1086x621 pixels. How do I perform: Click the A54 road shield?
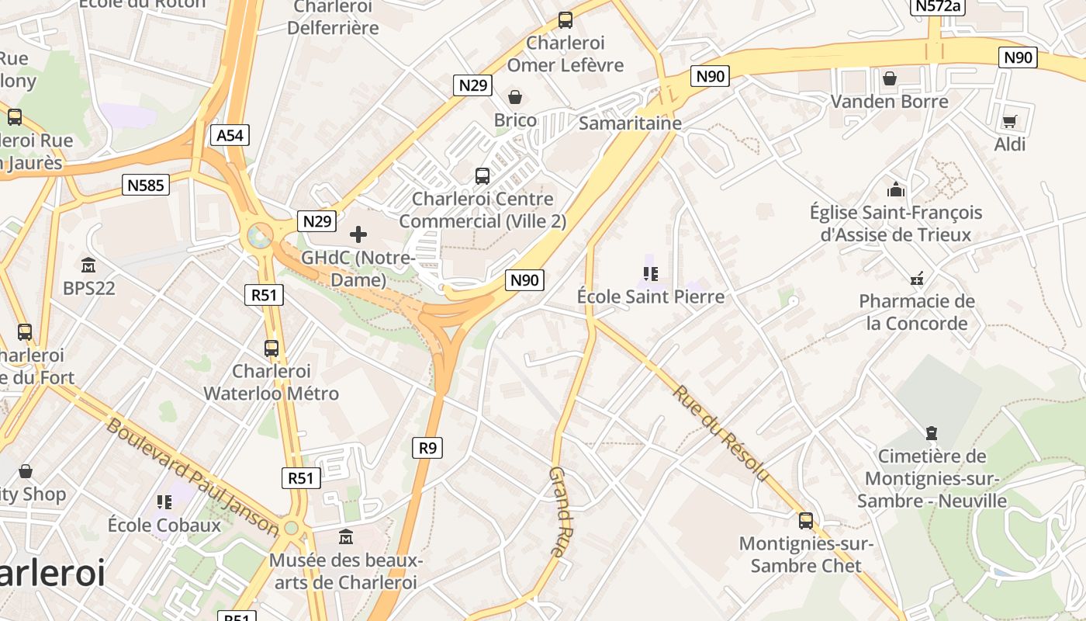coord(230,135)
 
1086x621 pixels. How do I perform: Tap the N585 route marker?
coord(146,185)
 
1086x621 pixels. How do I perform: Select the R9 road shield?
coord(427,447)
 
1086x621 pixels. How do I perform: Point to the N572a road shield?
coord(937,6)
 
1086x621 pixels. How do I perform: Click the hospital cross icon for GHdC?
coord(358,234)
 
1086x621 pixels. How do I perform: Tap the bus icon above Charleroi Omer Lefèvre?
coord(565,20)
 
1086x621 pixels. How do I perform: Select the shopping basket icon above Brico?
coord(514,97)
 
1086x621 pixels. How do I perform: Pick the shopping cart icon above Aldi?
coord(1009,121)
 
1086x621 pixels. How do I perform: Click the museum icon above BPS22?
coord(88,265)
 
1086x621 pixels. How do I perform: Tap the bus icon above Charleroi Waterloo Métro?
coord(271,348)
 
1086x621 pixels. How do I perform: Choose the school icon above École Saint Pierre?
coord(650,273)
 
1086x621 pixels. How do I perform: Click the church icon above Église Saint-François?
coord(896,189)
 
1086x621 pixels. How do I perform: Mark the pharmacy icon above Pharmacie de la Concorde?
coord(917,278)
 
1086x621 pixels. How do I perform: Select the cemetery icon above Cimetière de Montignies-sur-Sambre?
coord(931,433)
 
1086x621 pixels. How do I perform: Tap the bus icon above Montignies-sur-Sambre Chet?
coord(806,520)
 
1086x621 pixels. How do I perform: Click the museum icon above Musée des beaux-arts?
coord(346,536)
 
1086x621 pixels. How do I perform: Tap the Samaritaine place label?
coord(630,123)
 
